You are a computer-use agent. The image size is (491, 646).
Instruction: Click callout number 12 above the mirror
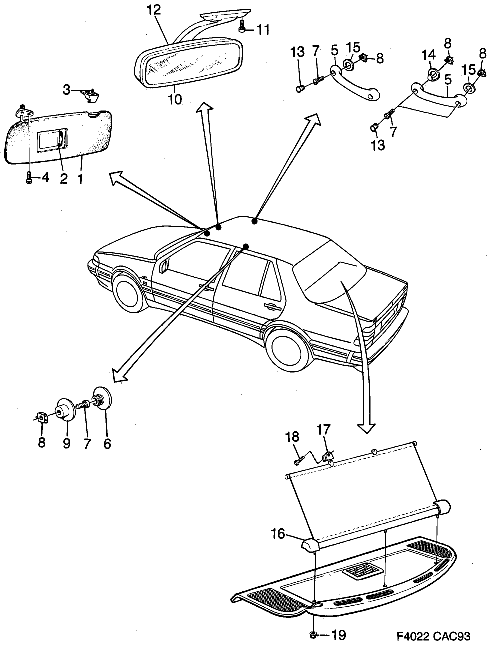[154, 11]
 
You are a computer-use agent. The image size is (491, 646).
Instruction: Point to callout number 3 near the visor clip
[67, 90]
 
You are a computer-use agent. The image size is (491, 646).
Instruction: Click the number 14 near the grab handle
[428, 55]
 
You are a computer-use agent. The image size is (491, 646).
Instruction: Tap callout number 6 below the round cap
[107, 443]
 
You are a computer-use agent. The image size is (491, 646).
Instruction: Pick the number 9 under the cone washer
[67, 443]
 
